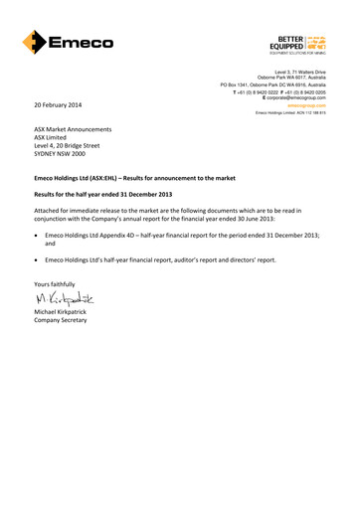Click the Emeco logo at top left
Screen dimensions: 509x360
tap(68, 43)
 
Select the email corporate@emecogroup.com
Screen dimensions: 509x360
tap(297, 100)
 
